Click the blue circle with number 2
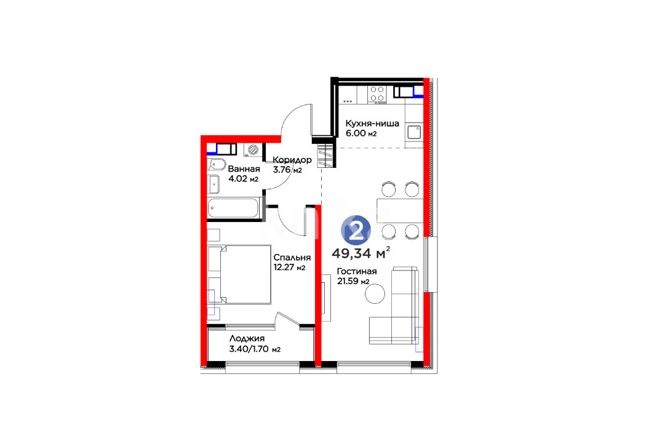click(x=356, y=230)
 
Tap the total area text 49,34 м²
click(x=361, y=253)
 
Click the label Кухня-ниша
click(x=372, y=124)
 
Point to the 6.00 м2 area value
click(x=361, y=133)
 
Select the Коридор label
click(x=292, y=160)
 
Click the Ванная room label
click(x=244, y=169)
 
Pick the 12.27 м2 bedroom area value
click(x=289, y=268)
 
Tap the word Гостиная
click(x=357, y=271)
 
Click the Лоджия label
click(x=247, y=338)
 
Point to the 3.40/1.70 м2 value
click(x=255, y=349)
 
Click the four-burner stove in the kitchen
click(x=377, y=94)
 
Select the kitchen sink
click(x=414, y=133)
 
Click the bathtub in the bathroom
click(x=234, y=208)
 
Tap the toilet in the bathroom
click(x=217, y=164)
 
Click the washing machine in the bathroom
click(x=253, y=150)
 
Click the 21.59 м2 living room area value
click(x=353, y=282)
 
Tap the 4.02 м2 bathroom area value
click(x=243, y=179)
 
